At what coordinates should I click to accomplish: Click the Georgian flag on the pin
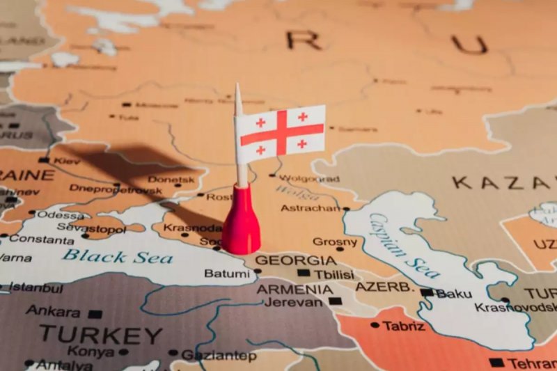click(280, 133)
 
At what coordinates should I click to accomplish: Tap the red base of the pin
click(241, 221)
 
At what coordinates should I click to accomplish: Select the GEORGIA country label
click(295, 260)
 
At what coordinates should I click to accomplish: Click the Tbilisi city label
click(334, 274)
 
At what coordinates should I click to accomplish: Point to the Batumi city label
click(227, 274)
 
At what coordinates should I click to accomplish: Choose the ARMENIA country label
click(295, 289)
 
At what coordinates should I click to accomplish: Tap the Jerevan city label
click(293, 302)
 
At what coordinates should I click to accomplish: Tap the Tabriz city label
click(403, 325)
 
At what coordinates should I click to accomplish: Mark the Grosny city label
click(335, 242)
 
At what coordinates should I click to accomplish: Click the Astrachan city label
click(311, 207)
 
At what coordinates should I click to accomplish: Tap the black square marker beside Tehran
click(496, 363)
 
